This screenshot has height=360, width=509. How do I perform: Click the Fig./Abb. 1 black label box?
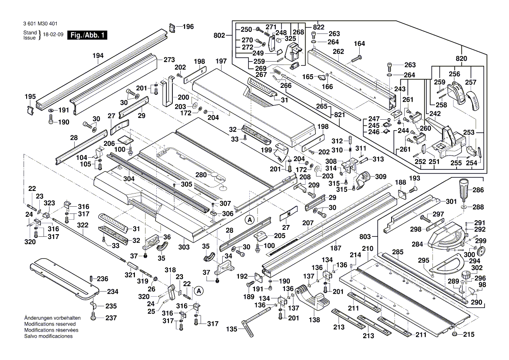(86, 35)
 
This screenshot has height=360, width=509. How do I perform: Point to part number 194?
(98, 55)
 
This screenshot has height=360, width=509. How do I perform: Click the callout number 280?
(201, 175)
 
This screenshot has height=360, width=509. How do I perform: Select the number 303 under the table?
(184, 247)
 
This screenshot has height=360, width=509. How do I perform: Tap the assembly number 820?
(461, 59)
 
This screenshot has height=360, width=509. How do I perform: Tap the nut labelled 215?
(455, 334)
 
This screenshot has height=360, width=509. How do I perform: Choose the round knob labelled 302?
(468, 276)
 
